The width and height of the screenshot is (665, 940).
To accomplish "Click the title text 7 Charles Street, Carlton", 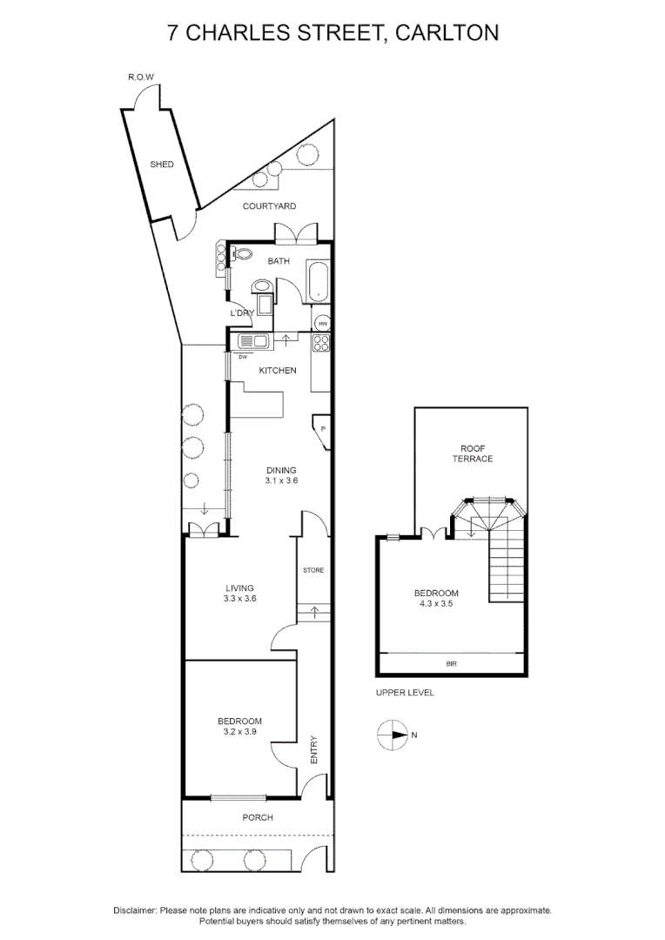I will point(332,33).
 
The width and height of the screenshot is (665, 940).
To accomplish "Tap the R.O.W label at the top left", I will point(140,77).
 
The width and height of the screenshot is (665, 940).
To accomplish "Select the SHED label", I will point(161,164).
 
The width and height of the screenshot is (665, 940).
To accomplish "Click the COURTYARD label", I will point(269,206).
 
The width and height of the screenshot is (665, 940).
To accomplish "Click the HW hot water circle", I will point(321,323).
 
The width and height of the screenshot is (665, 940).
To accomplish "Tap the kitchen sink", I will point(252,341).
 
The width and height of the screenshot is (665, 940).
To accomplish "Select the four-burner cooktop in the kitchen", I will point(320,343).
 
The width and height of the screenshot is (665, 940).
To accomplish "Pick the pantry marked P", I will point(322,429).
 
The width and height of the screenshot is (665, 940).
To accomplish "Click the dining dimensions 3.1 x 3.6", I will point(282,480).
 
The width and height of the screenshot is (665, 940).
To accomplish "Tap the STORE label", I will point(313,571).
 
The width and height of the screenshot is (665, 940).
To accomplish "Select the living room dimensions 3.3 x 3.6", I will point(239,599).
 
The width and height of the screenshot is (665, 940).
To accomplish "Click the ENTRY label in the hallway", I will point(314,751).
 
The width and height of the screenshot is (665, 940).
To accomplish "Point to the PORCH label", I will point(258,817).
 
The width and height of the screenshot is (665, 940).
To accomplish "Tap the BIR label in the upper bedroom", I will point(451,664).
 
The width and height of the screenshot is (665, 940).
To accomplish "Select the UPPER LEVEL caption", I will point(405,693).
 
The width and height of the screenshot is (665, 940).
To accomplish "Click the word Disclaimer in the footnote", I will point(134,910).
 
